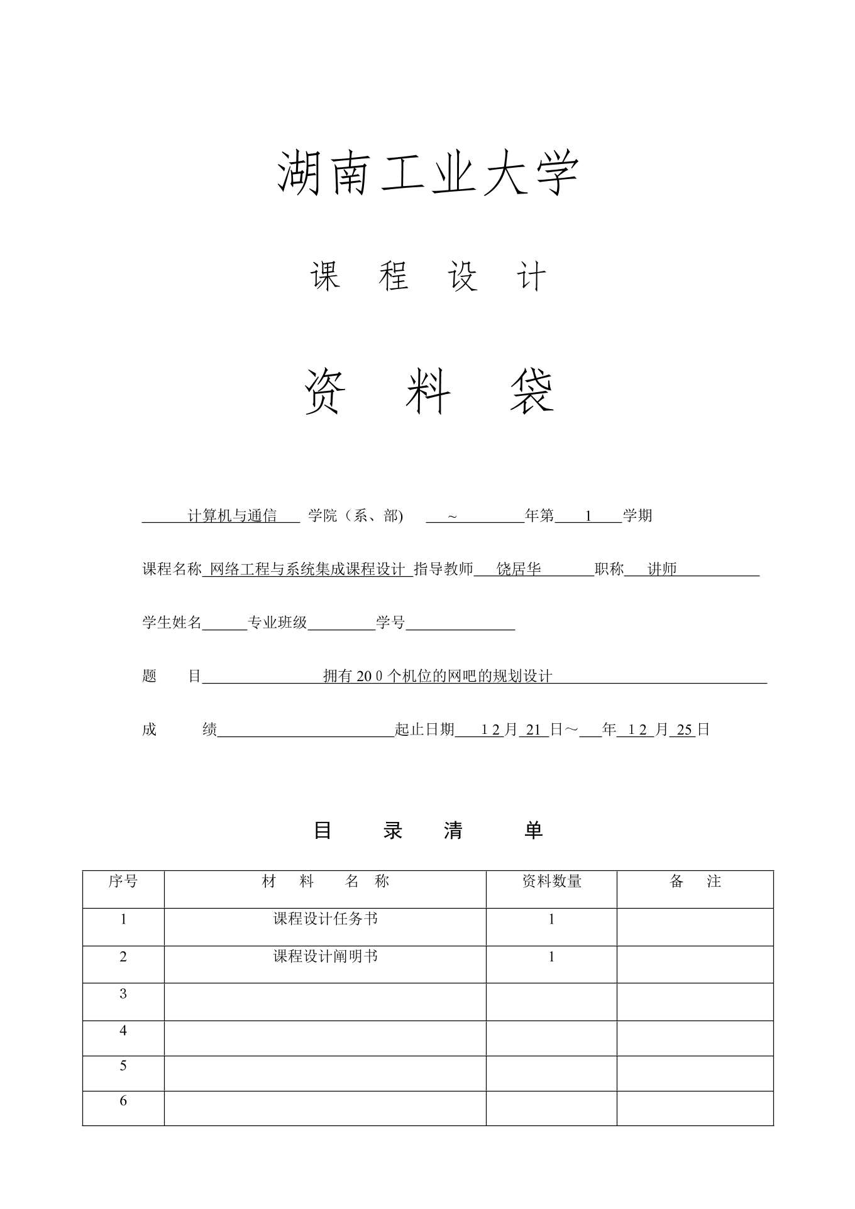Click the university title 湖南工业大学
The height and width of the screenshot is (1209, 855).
[x=427, y=173]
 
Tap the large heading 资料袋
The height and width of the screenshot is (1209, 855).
[x=429, y=391]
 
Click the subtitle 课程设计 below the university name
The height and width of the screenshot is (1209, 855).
[x=427, y=276]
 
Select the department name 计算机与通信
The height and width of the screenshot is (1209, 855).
[x=232, y=516]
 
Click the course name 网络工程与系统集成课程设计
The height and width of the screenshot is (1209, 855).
[x=307, y=569]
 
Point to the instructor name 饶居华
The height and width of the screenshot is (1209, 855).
[x=519, y=569]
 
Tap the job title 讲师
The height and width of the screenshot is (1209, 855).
[x=662, y=569]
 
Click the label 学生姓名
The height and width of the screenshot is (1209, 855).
[x=172, y=623]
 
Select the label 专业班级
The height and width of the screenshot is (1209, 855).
[x=278, y=623]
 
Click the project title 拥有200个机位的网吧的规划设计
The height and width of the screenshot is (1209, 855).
[x=438, y=676]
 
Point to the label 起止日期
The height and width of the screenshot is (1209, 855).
[x=424, y=730]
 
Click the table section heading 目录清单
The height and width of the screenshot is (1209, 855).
[x=427, y=831]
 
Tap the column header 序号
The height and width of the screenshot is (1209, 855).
[x=123, y=882]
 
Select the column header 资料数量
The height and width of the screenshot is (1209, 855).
[x=551, y=882]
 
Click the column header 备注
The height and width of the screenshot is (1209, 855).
[x=695, y=882]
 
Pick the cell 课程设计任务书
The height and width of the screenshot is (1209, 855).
[x=325, y=919]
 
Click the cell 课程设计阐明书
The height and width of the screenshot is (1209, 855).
[x=325, y=956]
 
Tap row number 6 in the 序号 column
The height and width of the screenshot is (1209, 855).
[x=123, y=1100]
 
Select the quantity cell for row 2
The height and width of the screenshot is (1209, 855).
[x=551, y=957]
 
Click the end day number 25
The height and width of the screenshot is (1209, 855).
[x=685, y=730]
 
